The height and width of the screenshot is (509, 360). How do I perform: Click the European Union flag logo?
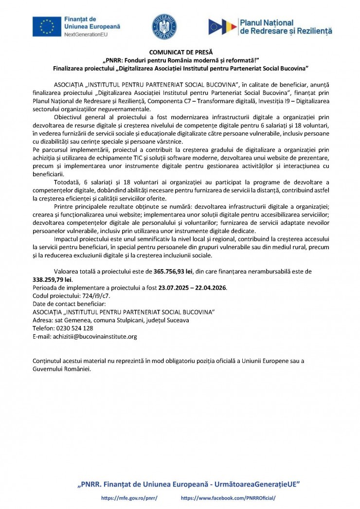pyautogui.click(x=47, y=26)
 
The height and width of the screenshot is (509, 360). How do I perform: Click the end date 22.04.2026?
pyautogui.click(x=211, y=288)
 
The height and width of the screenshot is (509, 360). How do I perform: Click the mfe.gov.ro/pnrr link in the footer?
pyautogui.click(x=129, y=498)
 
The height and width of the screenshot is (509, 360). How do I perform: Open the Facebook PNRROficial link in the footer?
pyautogui.click(x=228, y=498)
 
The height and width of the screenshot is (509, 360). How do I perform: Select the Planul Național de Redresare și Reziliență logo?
pyautogui.click(x=270, y=26)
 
